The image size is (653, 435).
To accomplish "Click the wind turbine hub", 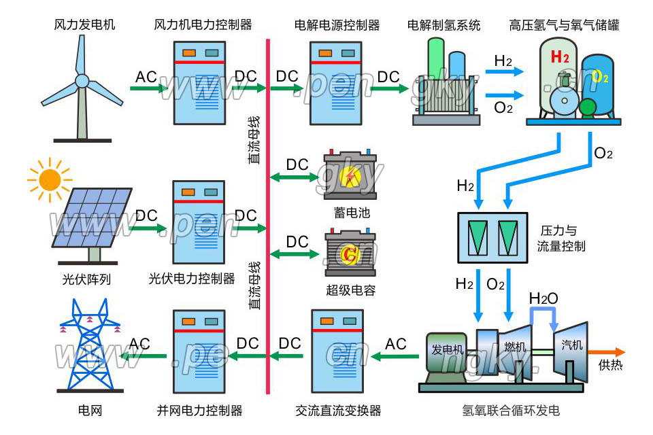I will point(82,81).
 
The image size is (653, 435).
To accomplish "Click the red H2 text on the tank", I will point(560,57).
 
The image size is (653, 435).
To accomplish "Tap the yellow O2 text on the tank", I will point(600,76).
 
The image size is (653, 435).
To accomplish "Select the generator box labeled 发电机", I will point(447,351).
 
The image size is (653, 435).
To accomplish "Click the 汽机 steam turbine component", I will point(571,347).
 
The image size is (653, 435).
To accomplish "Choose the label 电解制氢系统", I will point(443,25).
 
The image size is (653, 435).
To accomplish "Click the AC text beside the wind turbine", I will point(146,77).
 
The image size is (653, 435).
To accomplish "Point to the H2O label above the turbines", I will point(543,298).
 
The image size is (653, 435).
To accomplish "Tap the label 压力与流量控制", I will point(561,238).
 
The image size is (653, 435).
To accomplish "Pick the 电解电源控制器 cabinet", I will point(336,81).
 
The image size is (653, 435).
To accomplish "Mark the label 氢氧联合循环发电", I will point(511,411).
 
